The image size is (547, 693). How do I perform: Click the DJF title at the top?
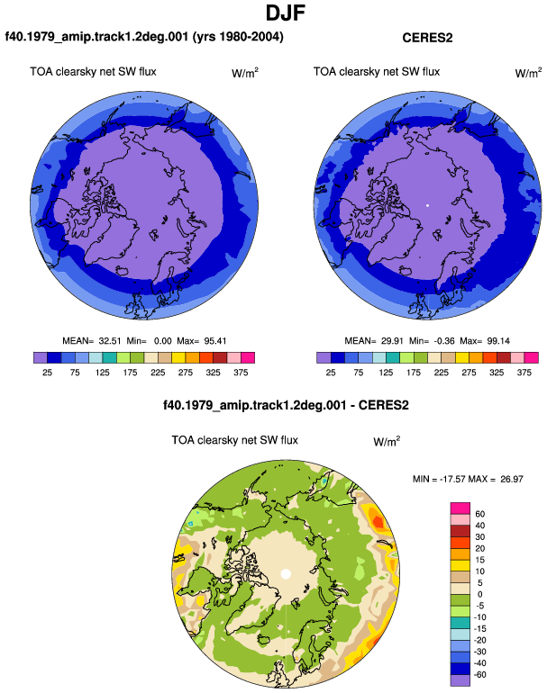(286, 13)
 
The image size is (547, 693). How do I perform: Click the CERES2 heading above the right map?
(427, 38)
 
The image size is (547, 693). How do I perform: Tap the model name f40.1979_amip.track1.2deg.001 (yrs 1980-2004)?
(144, 36)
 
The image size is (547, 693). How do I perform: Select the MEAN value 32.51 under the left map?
(110, 341)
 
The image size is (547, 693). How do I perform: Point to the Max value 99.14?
(498, 341)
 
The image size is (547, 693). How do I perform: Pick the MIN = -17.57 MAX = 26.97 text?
(468, 479)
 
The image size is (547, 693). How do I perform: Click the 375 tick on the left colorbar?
(241, 373)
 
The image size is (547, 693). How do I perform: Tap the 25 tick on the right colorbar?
(331, 373)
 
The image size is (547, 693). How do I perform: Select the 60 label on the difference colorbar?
(479, 514)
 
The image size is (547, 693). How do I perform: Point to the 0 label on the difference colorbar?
(479, 594)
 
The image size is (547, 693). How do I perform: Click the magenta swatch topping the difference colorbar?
(460, 508)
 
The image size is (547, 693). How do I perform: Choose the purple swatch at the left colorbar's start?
(41, 357)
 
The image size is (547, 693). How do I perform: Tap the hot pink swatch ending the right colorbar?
(532, 357)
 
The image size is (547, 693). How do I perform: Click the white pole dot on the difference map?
(286, 574)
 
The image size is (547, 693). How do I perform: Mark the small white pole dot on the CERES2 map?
(427, 205)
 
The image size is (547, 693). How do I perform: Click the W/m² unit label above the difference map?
(387, 441)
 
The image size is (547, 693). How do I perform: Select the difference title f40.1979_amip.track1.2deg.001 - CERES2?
(286, 405)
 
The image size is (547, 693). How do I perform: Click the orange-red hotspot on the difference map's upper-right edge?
(378, 521)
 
